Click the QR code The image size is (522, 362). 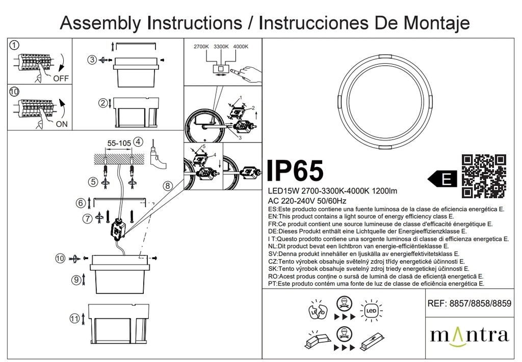pyautogui.click(x=484, y=176)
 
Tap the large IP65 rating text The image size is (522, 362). pyautogui.click(x=295, y=171)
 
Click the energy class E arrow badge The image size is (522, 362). pyautogui.click(x=443, y=180)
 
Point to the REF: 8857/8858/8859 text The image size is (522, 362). pyautogui.click(x=469, y=303)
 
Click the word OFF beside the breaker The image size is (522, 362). pyautogui.click(x=61, y=78)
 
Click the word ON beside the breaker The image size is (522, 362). pyautogui.click(x=62, y=124)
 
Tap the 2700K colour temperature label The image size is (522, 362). pyautogui.click(x=201, y=46)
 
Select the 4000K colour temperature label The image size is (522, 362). pyautogui.click(x=241, y=46)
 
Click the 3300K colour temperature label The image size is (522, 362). pyautogui.click(x=221, y=46)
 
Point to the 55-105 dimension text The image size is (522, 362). pyautogui.click(x=119, y=143)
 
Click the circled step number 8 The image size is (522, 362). pyautogui.click(x=167, y=186)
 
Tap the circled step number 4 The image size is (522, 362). pyautogui.click(x=138, y=142)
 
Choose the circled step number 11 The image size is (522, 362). pyautogui.click(x=75, y=319)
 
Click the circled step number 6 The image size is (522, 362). pyautogui.click(x=81, y=203)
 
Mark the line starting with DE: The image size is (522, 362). pyautogui.click(x=367, y=231)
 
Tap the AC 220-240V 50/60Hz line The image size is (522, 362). pyautogui.click(x=307, y=201)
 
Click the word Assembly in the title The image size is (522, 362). pyautogui.click(x=100, y=23)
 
